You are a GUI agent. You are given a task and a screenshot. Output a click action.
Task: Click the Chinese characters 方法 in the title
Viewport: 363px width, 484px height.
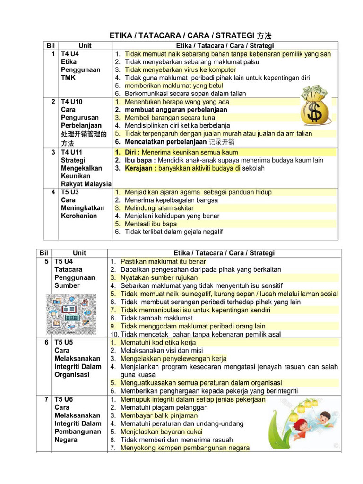click(264, 35)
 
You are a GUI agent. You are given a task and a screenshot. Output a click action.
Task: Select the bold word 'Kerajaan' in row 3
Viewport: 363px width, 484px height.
click(140, 168)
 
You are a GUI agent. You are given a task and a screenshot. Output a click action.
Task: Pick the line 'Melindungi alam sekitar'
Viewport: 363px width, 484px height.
click(159, 208)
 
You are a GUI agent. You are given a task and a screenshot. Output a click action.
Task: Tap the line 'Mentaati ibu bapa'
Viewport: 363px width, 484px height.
click(151, 224)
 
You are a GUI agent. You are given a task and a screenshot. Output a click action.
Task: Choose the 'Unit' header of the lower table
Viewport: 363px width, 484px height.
click(79, 253)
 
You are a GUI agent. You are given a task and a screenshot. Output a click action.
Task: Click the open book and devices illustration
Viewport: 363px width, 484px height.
click(70, 313)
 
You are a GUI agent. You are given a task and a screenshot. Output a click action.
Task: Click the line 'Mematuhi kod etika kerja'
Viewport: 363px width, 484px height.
click(158, 342)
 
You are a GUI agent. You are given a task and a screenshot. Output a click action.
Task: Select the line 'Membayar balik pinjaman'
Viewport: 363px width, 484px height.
click(158, 415)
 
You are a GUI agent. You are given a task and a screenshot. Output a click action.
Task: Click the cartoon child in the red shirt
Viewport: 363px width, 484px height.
click(324, 419)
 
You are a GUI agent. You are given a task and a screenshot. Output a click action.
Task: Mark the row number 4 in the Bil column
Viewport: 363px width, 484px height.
click(53, 192)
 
